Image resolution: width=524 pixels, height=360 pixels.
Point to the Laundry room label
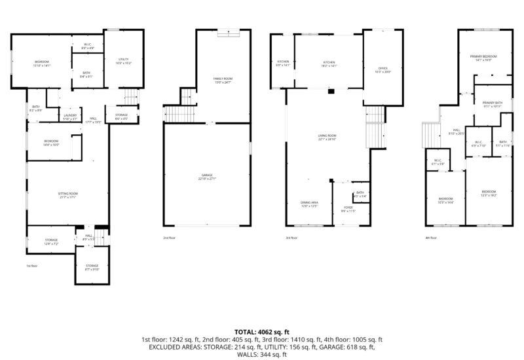pyautogui.click(x=70, y=117)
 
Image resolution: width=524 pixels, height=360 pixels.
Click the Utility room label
pyautogui.click(x=124, y=62)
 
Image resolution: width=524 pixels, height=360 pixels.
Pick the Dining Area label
pyautogui.click(x=309, y=204)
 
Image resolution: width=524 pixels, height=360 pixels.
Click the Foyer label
pyautogui.click(x=348, y=209)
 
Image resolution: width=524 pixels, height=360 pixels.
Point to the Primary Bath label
pyautogui.click(x=493, y=104)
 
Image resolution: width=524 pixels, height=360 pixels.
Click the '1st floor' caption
pyautogui.click(x=32, y=266)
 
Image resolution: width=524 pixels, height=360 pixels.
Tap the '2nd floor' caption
pyautogui.click(x=169, y=238)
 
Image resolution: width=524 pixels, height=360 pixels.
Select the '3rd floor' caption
pyautogui.click(x=291, y=238)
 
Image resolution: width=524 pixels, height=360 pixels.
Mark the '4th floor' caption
pyautogui.click(x=430, y=238)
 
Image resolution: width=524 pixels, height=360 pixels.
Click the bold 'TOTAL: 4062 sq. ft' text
pyautogui.click(x=262, y=332)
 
